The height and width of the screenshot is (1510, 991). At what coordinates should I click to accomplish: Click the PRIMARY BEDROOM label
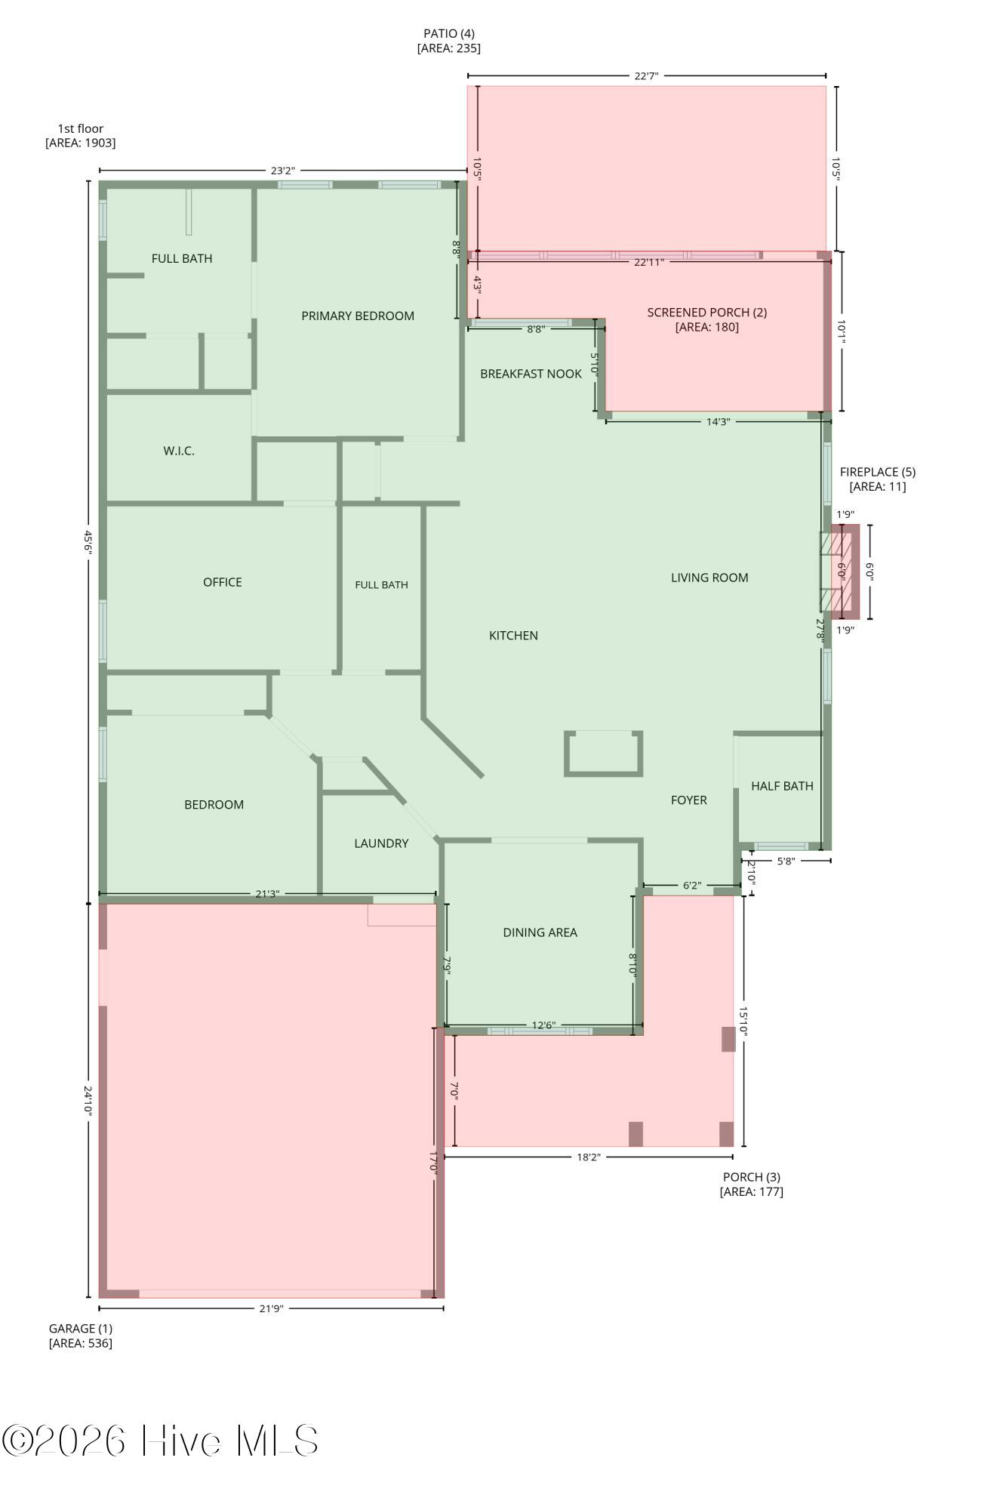358,316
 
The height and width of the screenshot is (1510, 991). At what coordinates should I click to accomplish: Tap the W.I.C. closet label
179,451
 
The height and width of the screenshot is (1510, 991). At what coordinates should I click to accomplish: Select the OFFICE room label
223,582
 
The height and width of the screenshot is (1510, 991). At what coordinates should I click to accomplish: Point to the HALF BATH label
782,786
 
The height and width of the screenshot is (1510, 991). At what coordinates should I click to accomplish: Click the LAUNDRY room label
381,843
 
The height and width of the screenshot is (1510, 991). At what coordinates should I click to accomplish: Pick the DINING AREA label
540,932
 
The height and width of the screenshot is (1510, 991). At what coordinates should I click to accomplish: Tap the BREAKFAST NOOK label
531,374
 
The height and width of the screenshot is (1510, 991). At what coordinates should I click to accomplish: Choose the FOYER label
689,800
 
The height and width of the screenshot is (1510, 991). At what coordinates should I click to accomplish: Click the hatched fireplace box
839,572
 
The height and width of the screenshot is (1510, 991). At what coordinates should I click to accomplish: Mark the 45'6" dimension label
88,541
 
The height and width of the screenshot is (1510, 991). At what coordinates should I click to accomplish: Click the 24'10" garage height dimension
88,1102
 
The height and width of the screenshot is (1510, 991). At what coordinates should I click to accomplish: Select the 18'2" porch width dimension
589,1157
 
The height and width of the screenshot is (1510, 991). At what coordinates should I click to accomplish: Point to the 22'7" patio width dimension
646,75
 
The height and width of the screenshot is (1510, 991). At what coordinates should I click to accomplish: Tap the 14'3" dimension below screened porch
718,421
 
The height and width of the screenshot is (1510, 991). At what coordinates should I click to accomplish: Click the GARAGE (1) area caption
81,1336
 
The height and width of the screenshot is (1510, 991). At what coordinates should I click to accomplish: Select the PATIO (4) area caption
449,41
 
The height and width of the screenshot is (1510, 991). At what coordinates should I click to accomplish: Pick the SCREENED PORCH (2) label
707,319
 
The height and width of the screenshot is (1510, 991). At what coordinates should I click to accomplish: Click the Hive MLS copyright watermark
159,1441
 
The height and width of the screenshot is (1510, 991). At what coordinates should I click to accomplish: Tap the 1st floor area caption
81,135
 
